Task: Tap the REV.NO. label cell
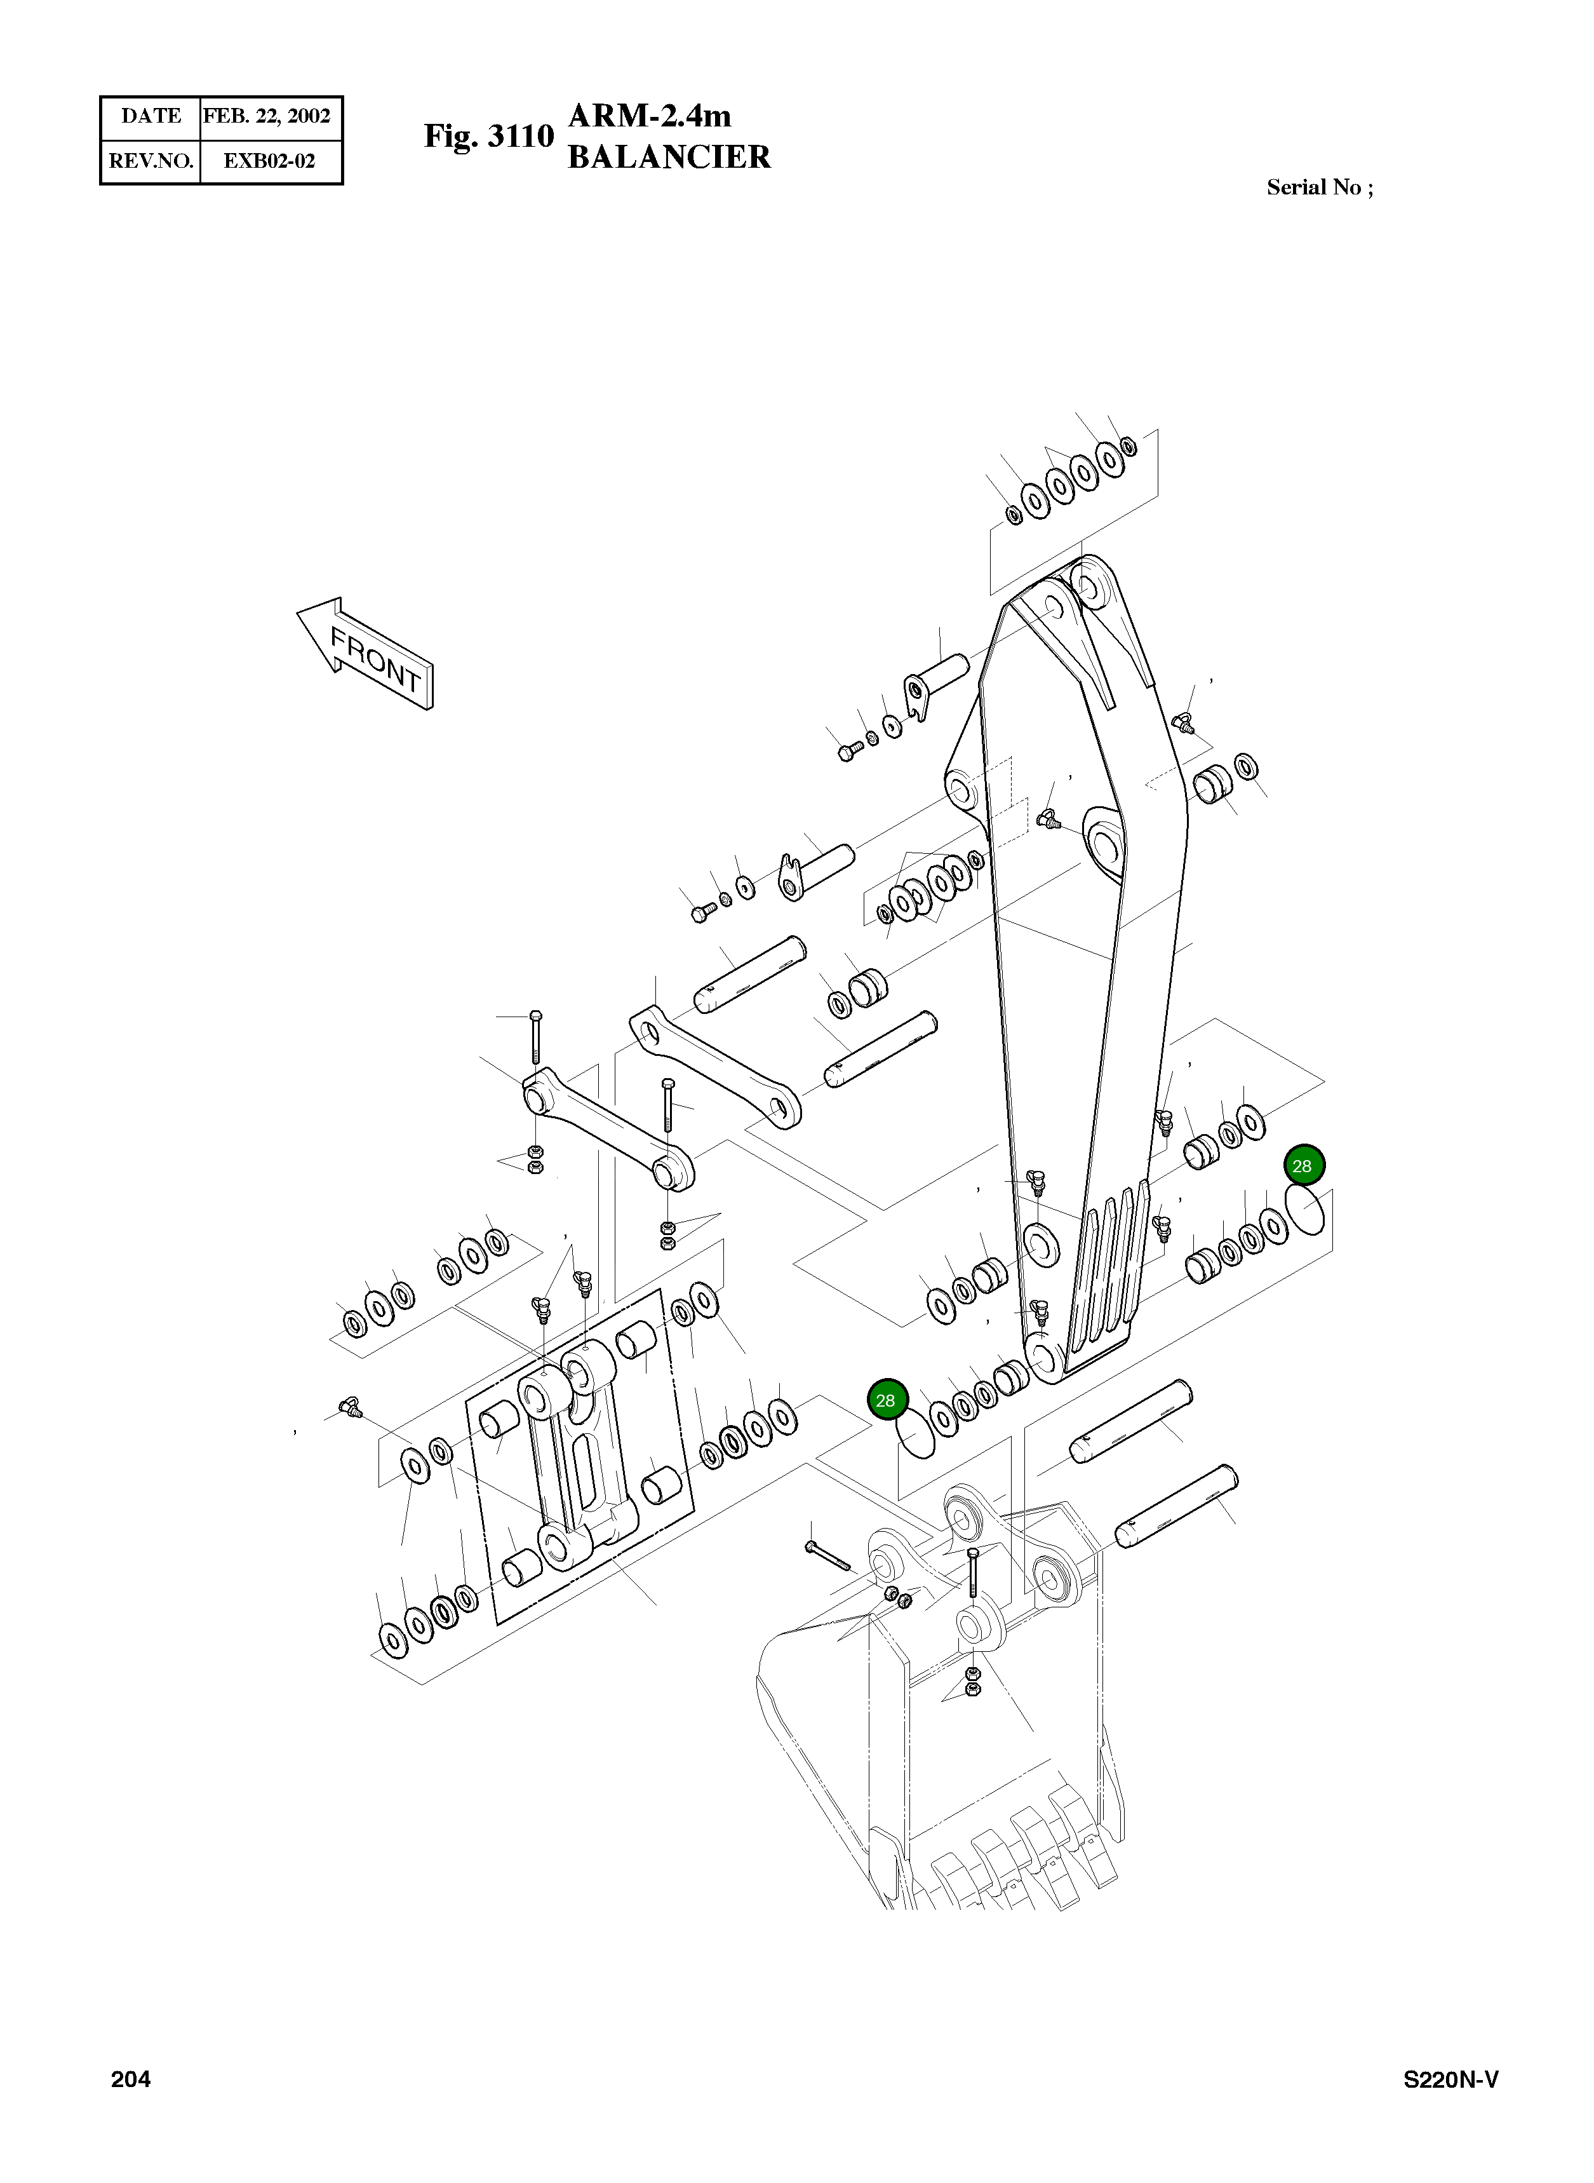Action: [x=151, y=161]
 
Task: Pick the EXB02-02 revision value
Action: [x=269, y=161]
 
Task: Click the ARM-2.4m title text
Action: [x=650, y=116]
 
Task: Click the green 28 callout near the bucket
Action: [x=887, y=1400]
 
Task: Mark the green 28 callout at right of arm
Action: [x=1303, y=1166]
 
